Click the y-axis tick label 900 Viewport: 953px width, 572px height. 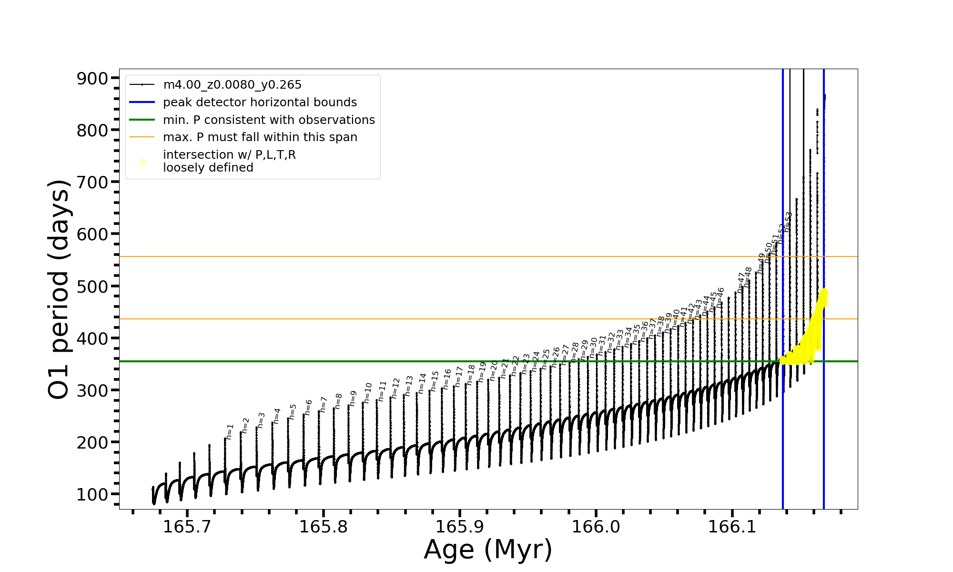coord(92,79)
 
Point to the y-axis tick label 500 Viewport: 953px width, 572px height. coord(92,286)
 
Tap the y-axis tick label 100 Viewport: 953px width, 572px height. coord(92,494)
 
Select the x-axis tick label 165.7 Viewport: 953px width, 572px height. coord(187,527)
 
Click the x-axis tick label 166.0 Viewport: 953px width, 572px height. coord(596,527)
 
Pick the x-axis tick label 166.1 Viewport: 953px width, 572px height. coord(732,527)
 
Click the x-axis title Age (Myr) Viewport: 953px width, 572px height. coord(488,550)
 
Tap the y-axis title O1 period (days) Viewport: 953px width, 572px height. coord(59,289)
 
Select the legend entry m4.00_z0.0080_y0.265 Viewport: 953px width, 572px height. coord(232,85)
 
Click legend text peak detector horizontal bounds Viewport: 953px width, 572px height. coord(260,102)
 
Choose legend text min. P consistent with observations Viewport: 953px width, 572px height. coord(269,120)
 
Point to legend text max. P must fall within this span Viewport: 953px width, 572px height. coord(260,137)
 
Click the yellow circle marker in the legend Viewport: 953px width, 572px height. coord(142,163)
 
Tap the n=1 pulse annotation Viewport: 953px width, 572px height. coord(230,431)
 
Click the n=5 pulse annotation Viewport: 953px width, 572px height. coord(293,411)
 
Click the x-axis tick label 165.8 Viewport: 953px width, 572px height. coord(323,527)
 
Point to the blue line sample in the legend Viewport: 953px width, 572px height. coord(142,102)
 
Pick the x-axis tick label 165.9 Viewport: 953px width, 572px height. coord(459,527)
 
